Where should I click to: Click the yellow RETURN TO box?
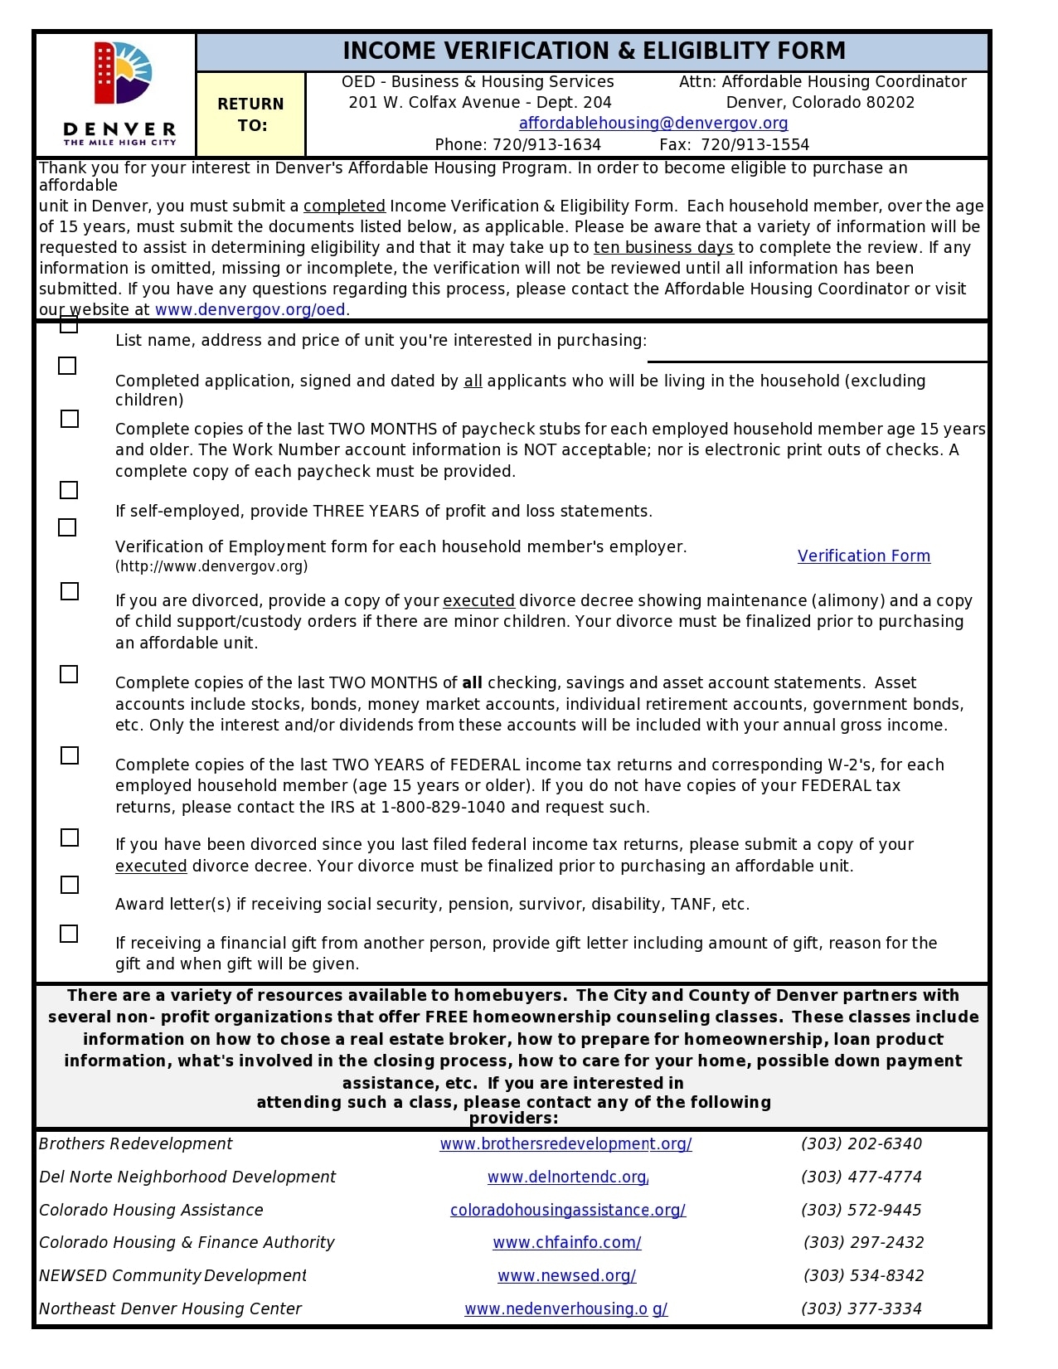(250, 114)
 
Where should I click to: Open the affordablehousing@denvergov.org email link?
(653, 124)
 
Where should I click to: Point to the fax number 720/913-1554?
(754, 145)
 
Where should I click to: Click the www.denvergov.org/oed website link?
(250, 310)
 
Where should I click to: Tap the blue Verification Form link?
(863, 556)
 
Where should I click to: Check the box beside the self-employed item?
(70, 491)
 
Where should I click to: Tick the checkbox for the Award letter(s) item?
(70, 886)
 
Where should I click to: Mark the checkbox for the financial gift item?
(70, 935)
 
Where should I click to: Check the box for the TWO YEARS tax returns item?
(70, 756)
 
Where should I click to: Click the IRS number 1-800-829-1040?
(443, 808)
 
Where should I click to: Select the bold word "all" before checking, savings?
(472, 683)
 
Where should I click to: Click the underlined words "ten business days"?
(662, 248)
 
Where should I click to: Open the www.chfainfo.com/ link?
(566, 1243)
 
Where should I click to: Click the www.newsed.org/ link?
(566, 1276)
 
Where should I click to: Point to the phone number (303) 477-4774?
(861, 1177)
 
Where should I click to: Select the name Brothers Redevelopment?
(136, 1144)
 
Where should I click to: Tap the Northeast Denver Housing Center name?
(170, 1309)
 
